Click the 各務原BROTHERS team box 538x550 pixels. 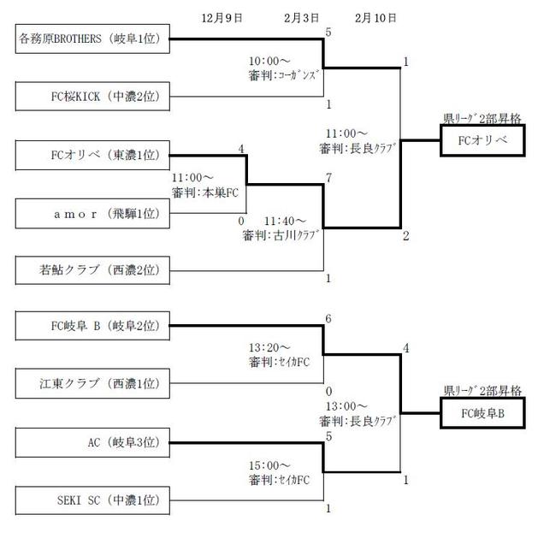point(93,38)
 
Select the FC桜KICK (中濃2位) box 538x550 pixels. point(93,97)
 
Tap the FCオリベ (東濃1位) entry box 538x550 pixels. point(93,155)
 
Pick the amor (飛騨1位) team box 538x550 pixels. point(93,213)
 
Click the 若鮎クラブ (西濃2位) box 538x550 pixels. point(93,271)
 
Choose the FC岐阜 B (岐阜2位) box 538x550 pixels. point(93,325)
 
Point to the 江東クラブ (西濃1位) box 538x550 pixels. point(93,383)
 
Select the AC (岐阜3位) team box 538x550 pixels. point(93,442)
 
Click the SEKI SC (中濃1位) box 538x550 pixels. point(93,500)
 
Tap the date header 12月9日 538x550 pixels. point(222,17)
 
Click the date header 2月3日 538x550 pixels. point(302,17)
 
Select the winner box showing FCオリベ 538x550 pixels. point(481,139)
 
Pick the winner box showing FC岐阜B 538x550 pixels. point(481,413)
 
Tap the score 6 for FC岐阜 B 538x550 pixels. point(328,318)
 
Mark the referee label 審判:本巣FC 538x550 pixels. point(210,194)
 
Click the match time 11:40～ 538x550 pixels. point(286,220)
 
